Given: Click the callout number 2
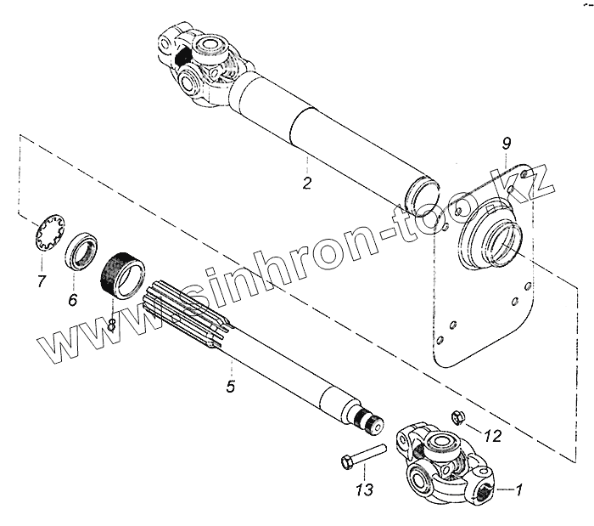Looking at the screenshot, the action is (x=306, y=182).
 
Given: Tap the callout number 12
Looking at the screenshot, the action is (x=492, y=436).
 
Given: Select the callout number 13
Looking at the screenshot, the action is (x=364, y=490).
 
